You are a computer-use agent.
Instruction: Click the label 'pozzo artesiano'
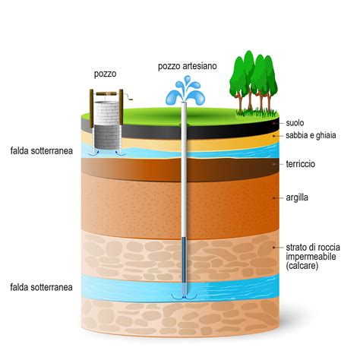pos(188,66)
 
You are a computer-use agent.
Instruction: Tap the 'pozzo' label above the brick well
pos(105,74)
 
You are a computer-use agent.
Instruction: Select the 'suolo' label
pos(295,123)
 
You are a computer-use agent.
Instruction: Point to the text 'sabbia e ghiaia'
pos(311,135)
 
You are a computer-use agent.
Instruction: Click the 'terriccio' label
pos(301,164)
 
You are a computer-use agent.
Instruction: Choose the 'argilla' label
pos(297,197)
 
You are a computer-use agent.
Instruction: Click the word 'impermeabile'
pos(311,257)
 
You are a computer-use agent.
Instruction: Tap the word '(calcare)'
pos(302,266)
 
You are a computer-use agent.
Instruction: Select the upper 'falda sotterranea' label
pos(42,150)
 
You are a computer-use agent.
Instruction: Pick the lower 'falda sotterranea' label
pos(41,287)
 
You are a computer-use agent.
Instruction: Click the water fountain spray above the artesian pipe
pos(185,90)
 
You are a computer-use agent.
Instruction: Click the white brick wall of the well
pos(106,113)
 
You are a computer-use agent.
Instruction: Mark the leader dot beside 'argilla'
pos(273,197)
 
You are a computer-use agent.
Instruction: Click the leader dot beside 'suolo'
pos(273,123)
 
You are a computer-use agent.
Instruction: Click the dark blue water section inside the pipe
pos(184,261)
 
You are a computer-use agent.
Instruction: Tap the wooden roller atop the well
pos(106,94)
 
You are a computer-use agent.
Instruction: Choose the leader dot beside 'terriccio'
pos(273,164)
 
